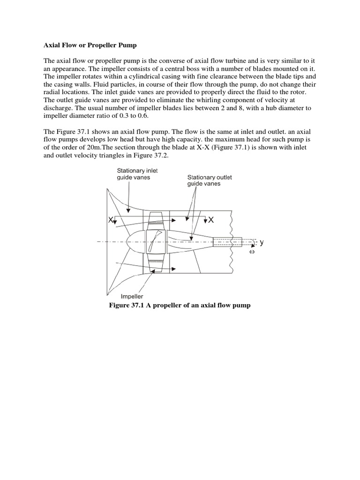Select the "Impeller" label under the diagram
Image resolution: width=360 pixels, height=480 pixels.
pyautogui.click(x=132, y=296)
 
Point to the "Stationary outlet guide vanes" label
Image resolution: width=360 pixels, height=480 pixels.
pyautogui.click(x=210, y=180)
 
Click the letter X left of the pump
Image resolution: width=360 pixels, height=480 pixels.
pyautogui.click(x=111, y=220)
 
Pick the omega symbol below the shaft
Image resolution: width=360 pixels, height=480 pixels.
pyautogui.click(x=252, y=252)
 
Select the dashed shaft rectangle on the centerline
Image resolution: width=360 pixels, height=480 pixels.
pyautogui.click(x=227, y=242)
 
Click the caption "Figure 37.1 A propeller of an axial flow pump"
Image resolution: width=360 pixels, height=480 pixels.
pyautogui.click(x=180, y=305)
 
